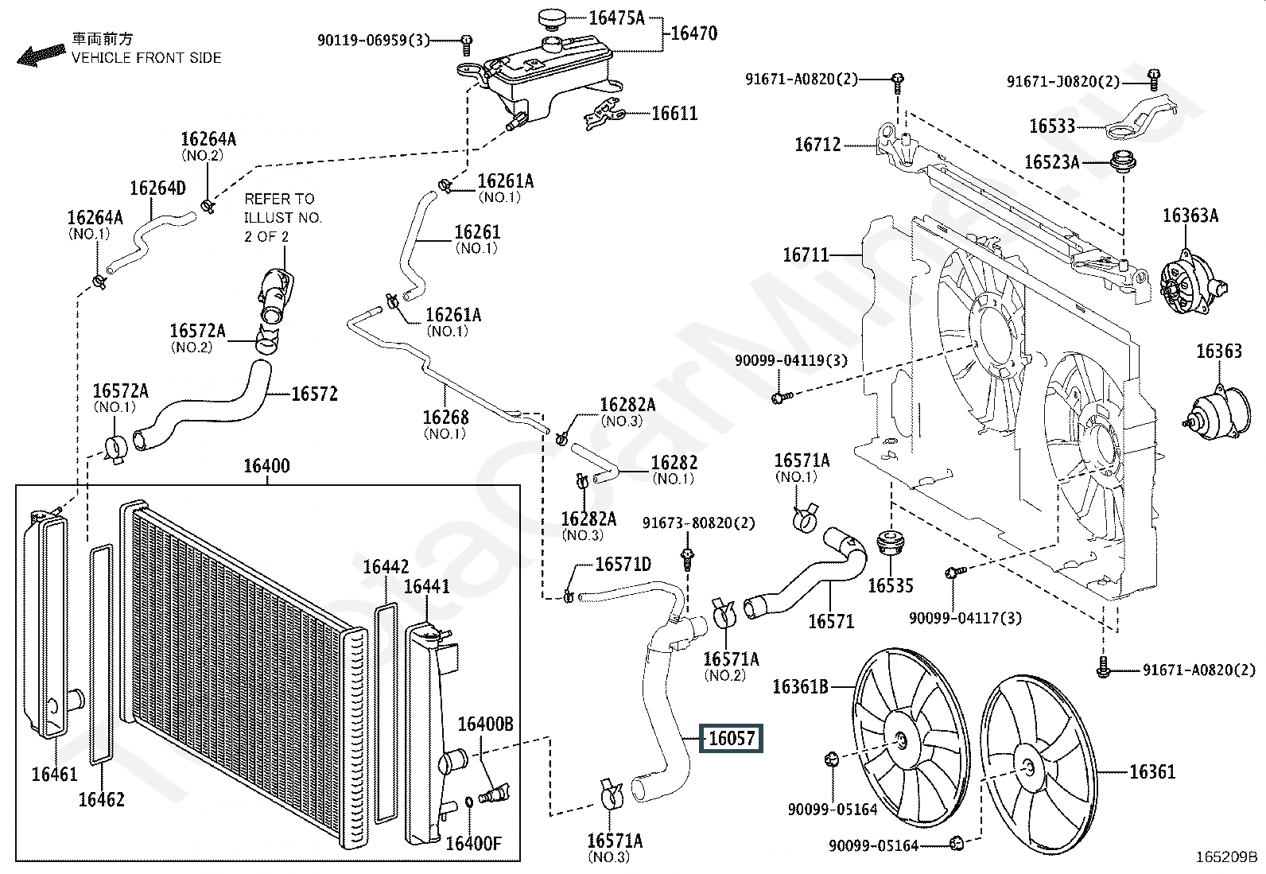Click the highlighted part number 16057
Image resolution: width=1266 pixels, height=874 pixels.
[x=732, y=738]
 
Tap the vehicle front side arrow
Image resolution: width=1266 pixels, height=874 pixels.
[x=41, y=55]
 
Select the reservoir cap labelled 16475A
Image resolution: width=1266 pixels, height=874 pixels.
[x=552, y=17]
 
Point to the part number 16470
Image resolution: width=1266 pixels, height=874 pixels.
[x=694, y=33]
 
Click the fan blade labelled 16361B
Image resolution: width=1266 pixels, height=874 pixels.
[x=911, y=738]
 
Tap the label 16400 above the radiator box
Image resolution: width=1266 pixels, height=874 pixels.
[x=266, y=466]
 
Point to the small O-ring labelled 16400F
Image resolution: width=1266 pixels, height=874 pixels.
[x=469, y=802]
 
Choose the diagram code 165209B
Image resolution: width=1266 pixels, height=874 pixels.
[x=1226, y=857]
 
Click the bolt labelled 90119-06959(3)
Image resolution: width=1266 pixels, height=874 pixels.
[x=466, y=45]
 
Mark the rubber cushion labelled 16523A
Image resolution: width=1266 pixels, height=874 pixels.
[x=1123, y=161]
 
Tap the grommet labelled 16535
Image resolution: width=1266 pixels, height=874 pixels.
[x=891, y=543]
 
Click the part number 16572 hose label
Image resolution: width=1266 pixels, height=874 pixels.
[x=314, y=394]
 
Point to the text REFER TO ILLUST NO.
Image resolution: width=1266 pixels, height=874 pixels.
[x=282, y=208]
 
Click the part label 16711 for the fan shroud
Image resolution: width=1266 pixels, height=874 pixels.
[x=806, y=255]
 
